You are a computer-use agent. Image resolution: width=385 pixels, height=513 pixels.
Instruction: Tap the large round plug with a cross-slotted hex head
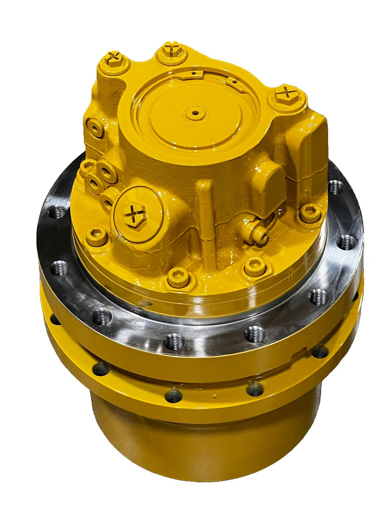point(134,212)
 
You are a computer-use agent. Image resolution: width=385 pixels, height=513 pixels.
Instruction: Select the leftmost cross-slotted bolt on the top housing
point(115,59)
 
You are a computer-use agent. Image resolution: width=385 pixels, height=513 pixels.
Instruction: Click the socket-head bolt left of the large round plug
point(97,235)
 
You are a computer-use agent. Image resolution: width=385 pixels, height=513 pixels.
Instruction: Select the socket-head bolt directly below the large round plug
point(178,278)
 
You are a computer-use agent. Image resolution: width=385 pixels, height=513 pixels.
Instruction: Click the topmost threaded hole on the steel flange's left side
point(57,212)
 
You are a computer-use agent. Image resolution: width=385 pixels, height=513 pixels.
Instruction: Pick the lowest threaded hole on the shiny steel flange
point(174,341)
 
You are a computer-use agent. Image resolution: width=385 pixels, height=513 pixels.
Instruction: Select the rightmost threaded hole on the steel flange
point(346,242)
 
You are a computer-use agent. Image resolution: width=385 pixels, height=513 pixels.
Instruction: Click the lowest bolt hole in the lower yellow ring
point(173,395)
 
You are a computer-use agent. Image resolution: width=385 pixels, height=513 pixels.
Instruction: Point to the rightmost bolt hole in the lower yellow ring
point(320,351)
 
